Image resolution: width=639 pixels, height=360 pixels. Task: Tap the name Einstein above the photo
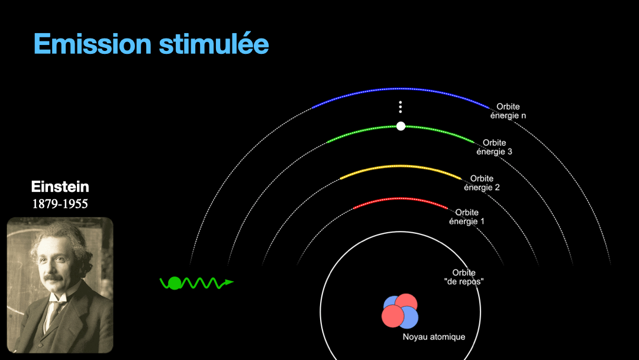coord(60,187)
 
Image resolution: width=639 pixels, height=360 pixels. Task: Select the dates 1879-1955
coord(60,204)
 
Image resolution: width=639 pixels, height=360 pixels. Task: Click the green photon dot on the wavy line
coord(175,283)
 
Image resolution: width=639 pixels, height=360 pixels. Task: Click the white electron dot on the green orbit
coord(401,126)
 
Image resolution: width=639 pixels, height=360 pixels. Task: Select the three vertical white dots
coord(401,107)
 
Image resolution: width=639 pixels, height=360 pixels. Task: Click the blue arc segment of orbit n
coord(401,90)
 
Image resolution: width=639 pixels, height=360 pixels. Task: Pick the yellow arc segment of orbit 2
coord(401,166)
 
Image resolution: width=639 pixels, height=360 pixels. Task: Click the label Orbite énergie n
coord(508,111)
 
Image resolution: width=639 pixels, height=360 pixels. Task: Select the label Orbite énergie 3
coord(494,147)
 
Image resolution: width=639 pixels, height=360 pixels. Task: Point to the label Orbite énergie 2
coord(482,183)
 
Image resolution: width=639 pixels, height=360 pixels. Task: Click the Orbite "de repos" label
coord(464,277)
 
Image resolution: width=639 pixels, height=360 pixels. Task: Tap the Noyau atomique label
coord(434,337)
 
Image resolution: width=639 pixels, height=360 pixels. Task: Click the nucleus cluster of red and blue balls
coord(400,311)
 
